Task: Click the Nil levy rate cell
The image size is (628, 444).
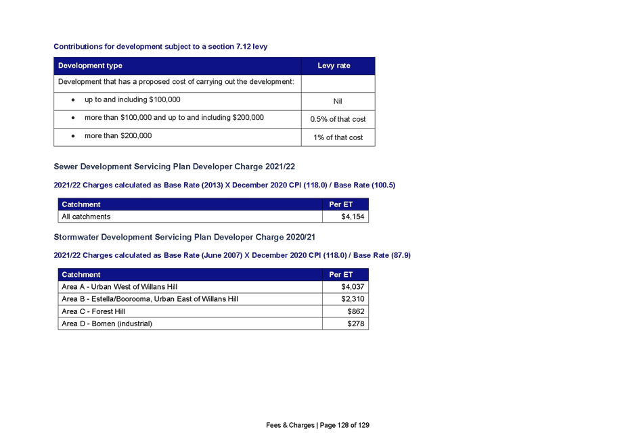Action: pyautogui.click(x=338, y=102)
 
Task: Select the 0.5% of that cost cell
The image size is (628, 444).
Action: pyautogui.click(x=338, y=119)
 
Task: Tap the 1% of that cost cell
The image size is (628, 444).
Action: pyautogui.click(x=338, y=137)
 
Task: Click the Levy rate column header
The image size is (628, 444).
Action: pyautogui.click(x=334, y=66)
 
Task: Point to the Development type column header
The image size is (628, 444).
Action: pyautogui.click(x=90, y=66)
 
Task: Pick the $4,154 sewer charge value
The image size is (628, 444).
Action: pyautogui.click(x=353, y=217)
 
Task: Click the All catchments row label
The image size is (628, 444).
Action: pyautogui.click(x=86, y=217)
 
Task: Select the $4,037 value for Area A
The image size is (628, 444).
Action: pyautogui.click(x=353, y=287)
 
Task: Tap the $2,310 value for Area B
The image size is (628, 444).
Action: pyautogui.click(x=353, y=299)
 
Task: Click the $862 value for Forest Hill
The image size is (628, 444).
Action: pyautogui.click(x=356, y=311)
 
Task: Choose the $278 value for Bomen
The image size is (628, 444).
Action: pyautogui.click(x=356, y=324)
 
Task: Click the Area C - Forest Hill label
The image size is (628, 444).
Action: pyautogui.click(x=93, y=311)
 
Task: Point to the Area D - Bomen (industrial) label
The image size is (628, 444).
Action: pyautogui.click(x=107, y=324)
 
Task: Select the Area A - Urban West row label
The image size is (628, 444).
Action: pyautogui.click(x=119, y=287)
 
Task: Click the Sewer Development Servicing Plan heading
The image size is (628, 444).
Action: pyautogui.click(x=174, y=166)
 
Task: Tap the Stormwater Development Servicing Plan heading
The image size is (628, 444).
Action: pyautogui.click(x=184, y=237)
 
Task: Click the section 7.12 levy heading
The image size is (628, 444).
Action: pyautogui.click(x=160, y=47)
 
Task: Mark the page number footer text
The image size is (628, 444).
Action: pyautogui.click(x=317, y=425)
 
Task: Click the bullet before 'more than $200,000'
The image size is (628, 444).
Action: pyautogui.click(x=73, y=136)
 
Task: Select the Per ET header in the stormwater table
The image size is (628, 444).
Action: pyautogui.click(x=341, y=275)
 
